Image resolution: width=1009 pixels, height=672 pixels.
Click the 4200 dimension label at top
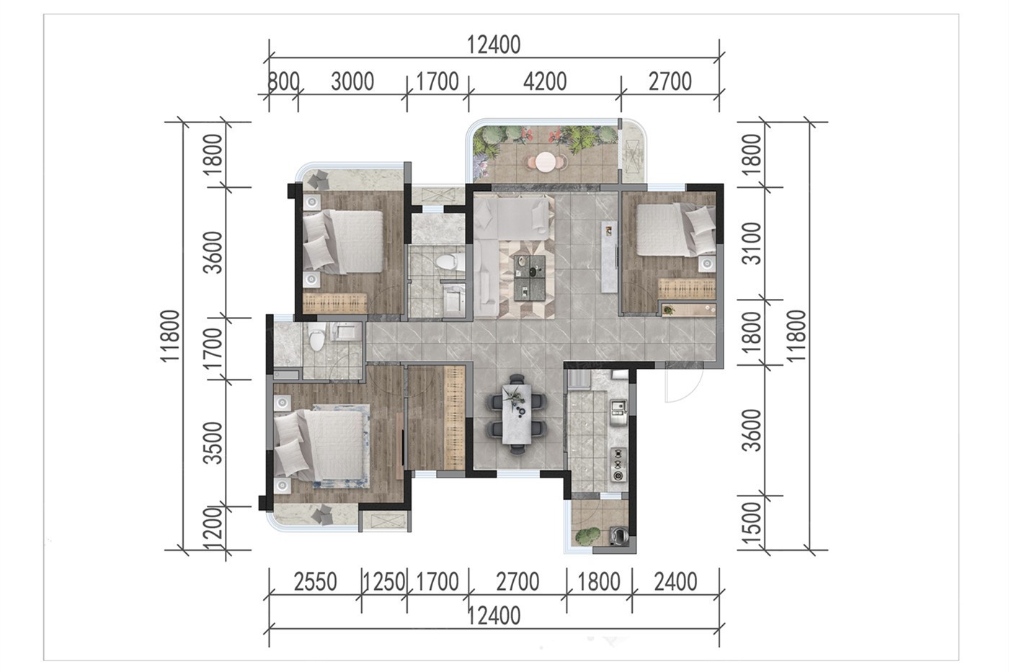(545, 82)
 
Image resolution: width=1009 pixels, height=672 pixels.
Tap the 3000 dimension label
(352, 82)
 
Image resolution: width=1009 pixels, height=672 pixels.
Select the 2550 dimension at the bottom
(316, 582)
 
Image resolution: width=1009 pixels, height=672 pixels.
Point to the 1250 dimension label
(384, 582)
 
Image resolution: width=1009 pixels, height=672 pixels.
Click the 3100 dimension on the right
(752, 243)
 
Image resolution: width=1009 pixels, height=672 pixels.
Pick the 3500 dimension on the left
(213, 443)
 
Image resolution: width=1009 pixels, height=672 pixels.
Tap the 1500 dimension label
(752, 524)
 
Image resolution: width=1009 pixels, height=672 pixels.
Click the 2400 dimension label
(676, 582)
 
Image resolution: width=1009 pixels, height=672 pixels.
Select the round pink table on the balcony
(546, 162)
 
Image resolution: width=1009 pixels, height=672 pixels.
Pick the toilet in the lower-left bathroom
(316, 336)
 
